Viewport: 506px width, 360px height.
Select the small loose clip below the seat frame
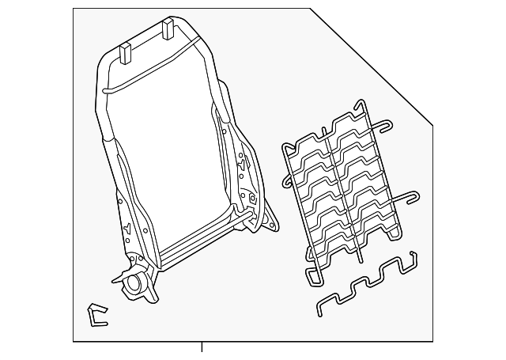point(97,315)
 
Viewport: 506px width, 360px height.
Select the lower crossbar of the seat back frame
point(198,253)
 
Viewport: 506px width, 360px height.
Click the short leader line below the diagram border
point(202,348)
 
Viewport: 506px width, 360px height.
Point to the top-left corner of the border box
point(74,9)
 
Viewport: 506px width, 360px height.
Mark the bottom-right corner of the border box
point(432,341)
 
